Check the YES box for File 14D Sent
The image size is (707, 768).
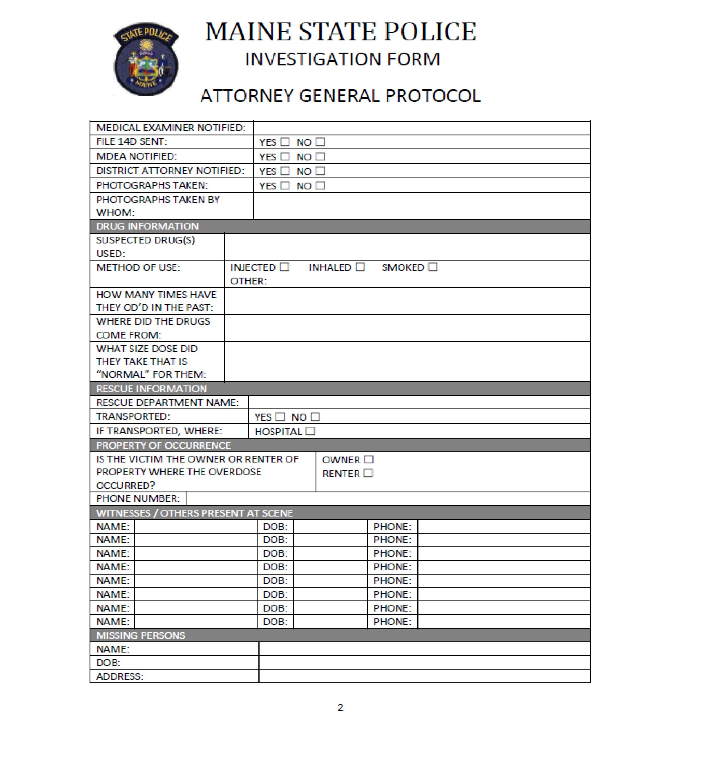click(285, 142)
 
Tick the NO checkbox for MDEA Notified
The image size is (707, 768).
click(321, 156)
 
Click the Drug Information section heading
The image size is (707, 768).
click(147, 226)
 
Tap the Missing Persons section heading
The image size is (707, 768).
click(140, 635)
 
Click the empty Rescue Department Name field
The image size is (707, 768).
click(419, 402)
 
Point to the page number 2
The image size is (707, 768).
click(340, 707)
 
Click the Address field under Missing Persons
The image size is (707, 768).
click(424, 676)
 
